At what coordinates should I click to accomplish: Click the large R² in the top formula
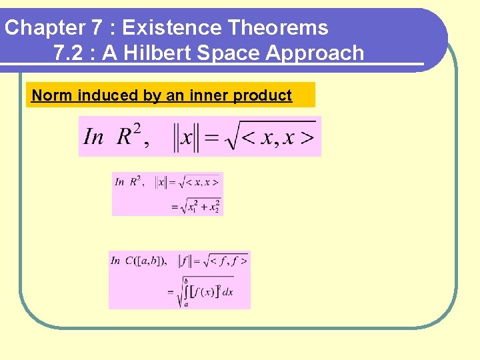pyautogui.click(x=131, y=136)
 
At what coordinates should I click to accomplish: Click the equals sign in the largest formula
pyautogui.click(x=211, y=138)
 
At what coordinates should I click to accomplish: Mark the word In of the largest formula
pyautogui.click(x=93, y=137)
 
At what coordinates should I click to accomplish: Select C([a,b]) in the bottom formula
pyautogui.click(x=147, y=261)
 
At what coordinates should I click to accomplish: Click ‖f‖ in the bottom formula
pyautogui.click(x=187, y=261)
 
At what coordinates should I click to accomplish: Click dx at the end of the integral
pyautogui.click(x=227, y=292)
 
